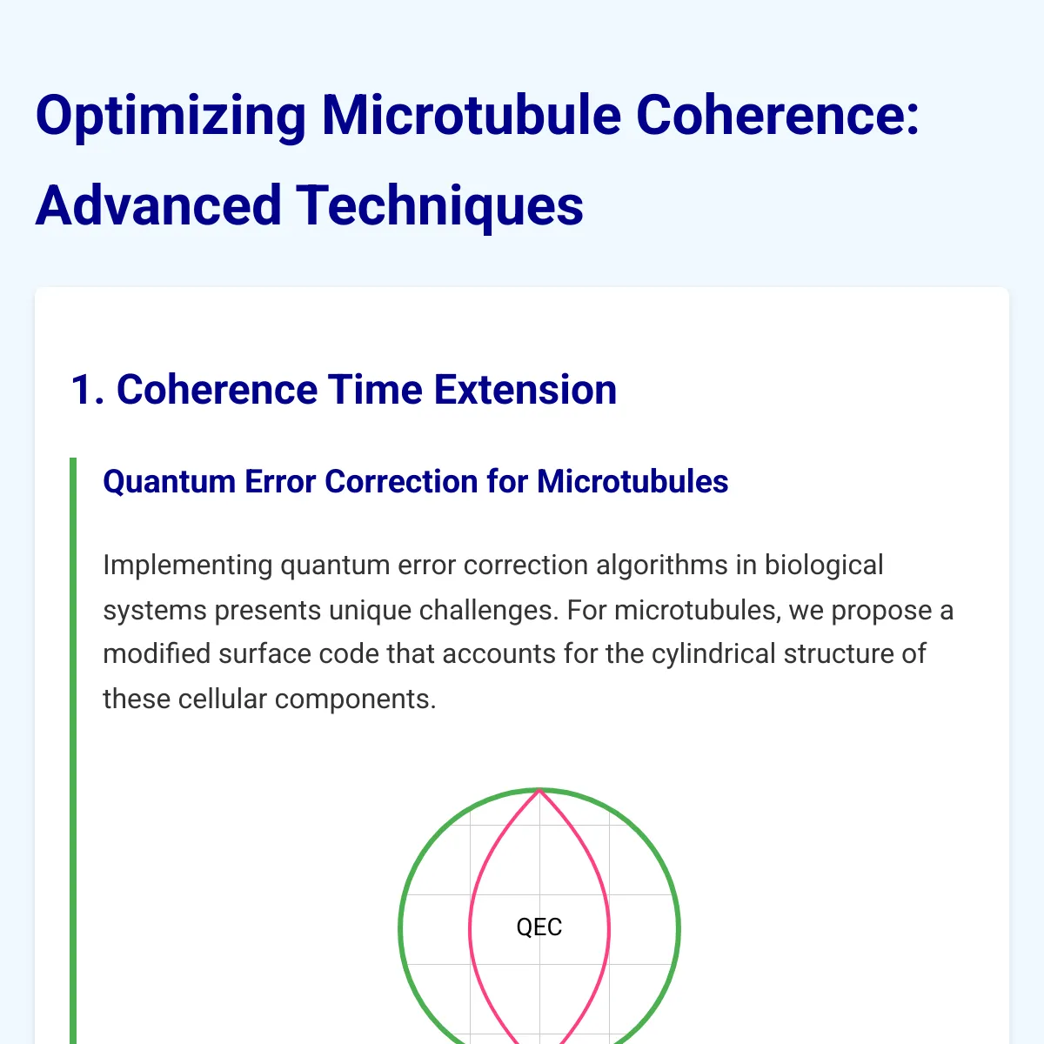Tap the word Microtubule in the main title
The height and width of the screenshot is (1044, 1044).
point(472,115)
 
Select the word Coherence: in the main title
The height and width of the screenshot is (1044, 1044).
point(778,115)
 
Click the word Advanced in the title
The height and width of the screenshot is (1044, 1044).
point(158,205)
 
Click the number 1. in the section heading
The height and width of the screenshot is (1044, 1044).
point(87,390)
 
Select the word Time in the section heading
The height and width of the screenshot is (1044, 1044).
point(375,390)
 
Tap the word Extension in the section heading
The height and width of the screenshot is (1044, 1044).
point(525,390)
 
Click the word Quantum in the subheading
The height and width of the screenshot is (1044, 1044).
point(169,481)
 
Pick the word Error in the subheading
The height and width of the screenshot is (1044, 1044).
point(280,481)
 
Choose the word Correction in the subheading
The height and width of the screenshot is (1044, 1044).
point(401,481)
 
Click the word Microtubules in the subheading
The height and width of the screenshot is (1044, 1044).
point(632,481)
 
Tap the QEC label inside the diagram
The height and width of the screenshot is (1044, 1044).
point(539,927)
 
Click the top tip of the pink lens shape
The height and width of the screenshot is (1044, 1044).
point(539,791)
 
